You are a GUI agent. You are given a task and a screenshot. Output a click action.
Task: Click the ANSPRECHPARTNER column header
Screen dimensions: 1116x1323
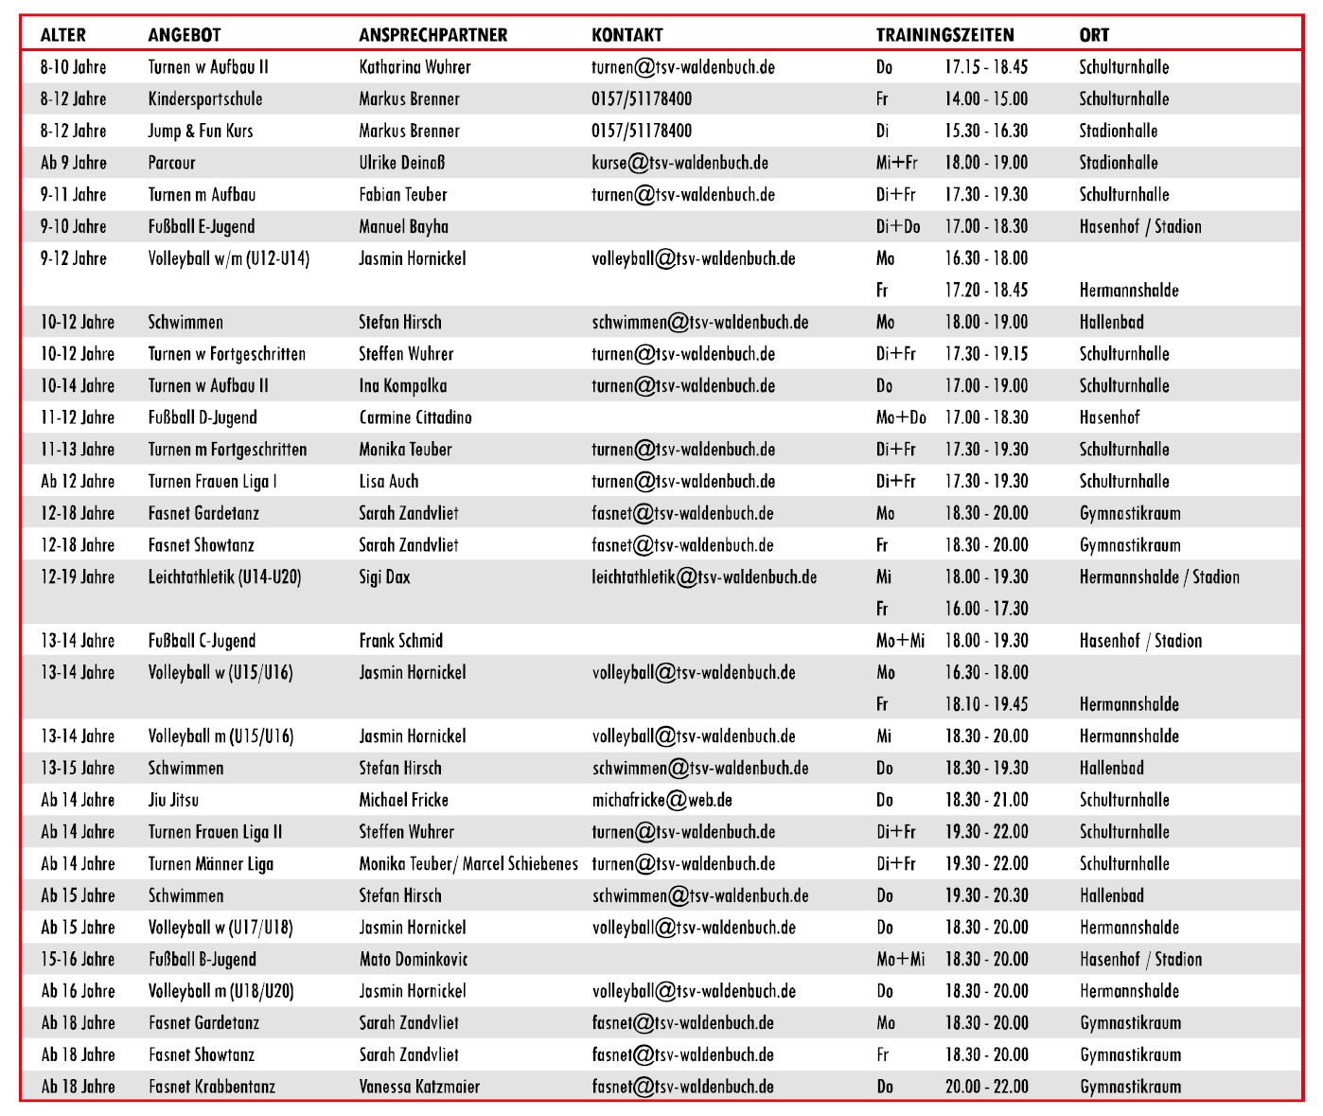[432, 35]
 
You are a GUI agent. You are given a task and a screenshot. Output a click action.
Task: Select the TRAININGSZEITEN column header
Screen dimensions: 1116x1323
[944, 35]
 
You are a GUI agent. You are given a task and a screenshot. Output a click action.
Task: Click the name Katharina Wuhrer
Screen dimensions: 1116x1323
[415, 67]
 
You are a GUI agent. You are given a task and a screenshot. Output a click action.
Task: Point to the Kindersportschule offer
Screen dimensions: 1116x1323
[204, 99]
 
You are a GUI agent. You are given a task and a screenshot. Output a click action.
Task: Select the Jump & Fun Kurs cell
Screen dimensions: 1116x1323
[200, 131]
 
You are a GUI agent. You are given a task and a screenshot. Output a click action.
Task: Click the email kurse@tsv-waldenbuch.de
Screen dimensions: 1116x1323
[679, 163]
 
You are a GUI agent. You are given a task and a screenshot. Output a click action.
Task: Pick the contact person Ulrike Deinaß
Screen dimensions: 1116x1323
[401, 163]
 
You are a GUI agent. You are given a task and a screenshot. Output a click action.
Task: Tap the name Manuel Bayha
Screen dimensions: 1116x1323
[403, 226]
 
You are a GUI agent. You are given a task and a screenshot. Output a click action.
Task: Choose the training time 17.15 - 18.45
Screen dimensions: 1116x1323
[985, 67]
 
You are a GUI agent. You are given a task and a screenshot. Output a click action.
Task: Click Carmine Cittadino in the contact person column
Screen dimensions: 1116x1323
[415, 417]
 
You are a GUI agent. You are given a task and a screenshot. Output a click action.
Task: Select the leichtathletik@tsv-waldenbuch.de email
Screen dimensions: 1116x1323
[704, 577]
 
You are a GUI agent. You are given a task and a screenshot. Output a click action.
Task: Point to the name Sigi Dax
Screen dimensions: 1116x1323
[384, 577]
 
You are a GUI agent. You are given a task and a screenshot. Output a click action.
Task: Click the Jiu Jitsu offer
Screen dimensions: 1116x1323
[173, 800]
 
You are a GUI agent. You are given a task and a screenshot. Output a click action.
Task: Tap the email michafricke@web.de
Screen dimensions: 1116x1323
[661, 800]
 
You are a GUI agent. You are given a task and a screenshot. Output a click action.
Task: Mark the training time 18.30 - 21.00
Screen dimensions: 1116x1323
[985, 800]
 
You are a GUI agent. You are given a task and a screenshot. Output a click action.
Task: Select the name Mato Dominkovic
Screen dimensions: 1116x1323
[413, 959]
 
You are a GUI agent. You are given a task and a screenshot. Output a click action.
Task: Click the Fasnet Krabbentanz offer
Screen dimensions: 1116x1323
[211, 1087]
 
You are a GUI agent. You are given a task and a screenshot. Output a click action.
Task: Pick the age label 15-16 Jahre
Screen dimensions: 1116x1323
[78, 959]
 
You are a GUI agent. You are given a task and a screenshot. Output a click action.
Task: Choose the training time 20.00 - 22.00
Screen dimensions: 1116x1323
[985, 1087]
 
